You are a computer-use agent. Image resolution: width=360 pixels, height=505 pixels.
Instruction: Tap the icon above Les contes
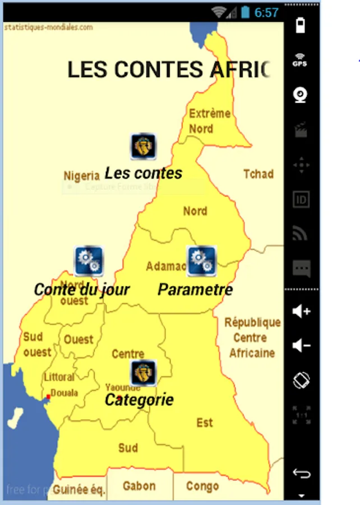click(x=143, y=147)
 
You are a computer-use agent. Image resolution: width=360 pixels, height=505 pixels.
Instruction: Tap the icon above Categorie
click(x=143, y=373)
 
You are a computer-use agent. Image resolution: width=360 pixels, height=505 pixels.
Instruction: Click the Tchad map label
click(x=258, y=174)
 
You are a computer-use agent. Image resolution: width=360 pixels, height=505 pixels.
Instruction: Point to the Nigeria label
click(x=81, y=176)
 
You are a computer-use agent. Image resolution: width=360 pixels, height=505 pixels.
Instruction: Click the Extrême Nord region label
click(x=209, y=121)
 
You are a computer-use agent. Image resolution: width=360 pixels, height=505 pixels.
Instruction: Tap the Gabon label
click(x=139, y=486)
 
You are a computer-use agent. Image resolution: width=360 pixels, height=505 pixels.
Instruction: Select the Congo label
click(x=202, y=486)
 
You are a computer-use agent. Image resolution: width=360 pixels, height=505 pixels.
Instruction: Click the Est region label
click(x=205, y=423)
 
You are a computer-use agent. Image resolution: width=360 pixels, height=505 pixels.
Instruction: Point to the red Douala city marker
click(x=48, y=397)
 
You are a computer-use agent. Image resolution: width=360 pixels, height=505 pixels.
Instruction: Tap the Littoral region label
click(x=59, y=377)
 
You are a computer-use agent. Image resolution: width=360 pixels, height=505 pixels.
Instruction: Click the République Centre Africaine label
click(x=252, y=338)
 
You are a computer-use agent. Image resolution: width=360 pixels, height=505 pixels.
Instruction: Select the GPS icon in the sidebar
click(x=301, y=60)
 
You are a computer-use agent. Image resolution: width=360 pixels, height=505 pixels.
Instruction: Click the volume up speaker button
click(x=302, y=311)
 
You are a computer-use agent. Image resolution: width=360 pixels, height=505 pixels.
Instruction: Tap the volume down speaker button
click(x=302, y=345)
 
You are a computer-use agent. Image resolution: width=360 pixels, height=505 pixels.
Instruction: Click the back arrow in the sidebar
click(x=302, y=474)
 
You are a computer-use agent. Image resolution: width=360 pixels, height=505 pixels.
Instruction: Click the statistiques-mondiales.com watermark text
click(x=49, y=27)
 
